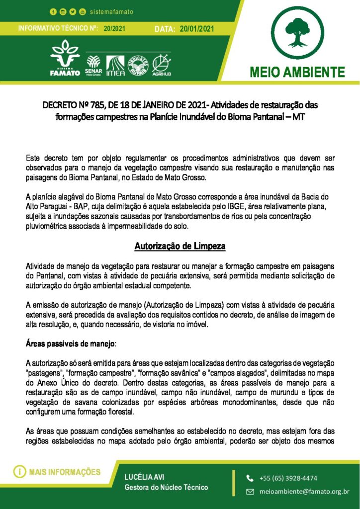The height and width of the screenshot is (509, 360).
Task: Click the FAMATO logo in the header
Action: click(x=65, y=59)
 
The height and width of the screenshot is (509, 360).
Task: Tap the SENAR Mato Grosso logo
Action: click(x=93, y=64)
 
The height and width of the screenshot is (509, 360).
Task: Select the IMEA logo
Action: click(x=116, y=65)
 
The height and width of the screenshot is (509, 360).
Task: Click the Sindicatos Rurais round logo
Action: click(x=139, y=65)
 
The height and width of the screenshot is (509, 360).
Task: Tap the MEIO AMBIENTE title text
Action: click(x=297, y=72)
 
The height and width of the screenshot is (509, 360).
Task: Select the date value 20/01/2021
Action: click(x=197, y=29)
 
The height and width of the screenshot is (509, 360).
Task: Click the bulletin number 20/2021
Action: click(x=114, y=29)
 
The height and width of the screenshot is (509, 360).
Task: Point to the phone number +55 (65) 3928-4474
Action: click(x=288, y=478)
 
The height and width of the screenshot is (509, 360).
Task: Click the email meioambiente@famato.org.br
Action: click(x=304, y=492)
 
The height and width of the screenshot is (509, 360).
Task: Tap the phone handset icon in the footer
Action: click(x=250, y=478)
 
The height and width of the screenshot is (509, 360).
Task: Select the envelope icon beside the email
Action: click(x=250, y=492)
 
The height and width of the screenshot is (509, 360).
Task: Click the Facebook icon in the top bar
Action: click(x=53, y=11)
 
